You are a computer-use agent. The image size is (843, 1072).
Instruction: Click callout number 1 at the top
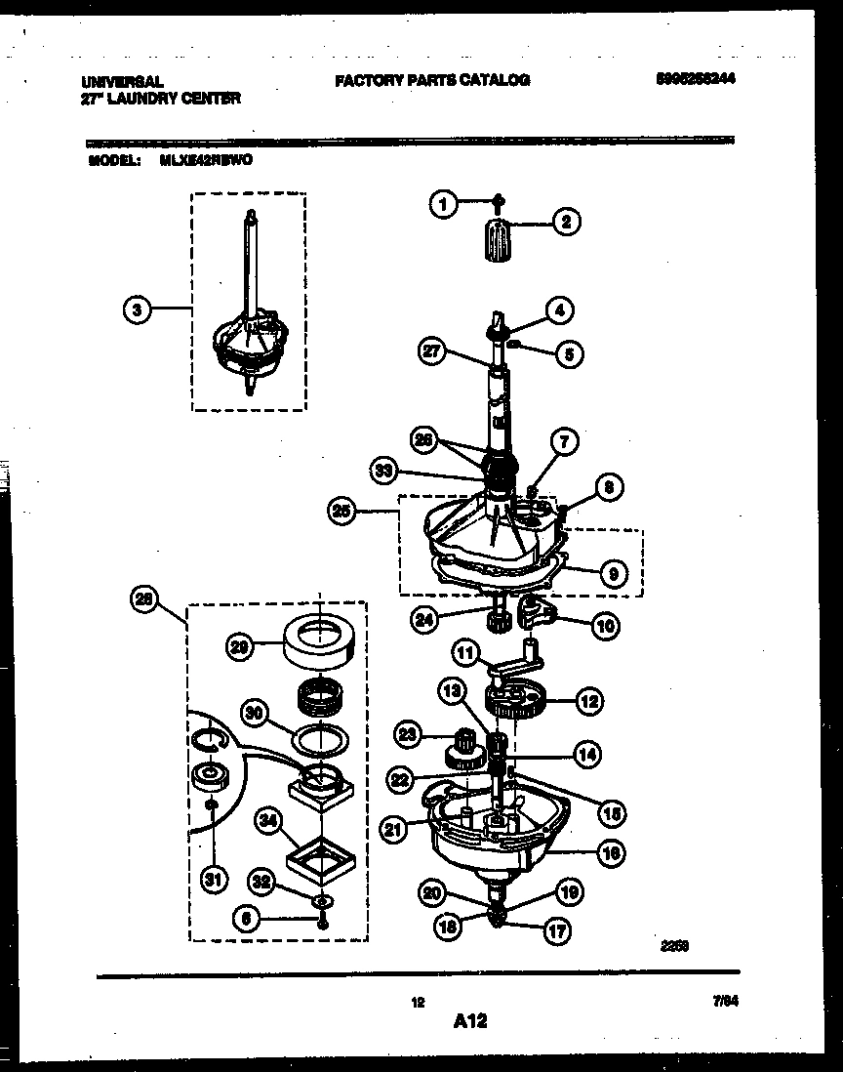443,205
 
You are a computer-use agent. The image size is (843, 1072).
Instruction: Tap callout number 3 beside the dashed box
138,309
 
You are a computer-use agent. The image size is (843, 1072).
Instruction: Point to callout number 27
430,351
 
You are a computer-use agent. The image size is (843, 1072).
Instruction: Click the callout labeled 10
604,624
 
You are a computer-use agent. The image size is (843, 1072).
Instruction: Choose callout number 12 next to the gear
588,699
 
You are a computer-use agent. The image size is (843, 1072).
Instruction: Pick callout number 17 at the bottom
556,931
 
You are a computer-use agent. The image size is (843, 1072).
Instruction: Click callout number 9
612,574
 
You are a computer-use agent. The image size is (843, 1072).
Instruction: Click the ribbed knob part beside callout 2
497,241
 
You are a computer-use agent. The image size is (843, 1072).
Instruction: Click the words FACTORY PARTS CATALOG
432,81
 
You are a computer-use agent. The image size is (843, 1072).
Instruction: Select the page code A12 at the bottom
470,1022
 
